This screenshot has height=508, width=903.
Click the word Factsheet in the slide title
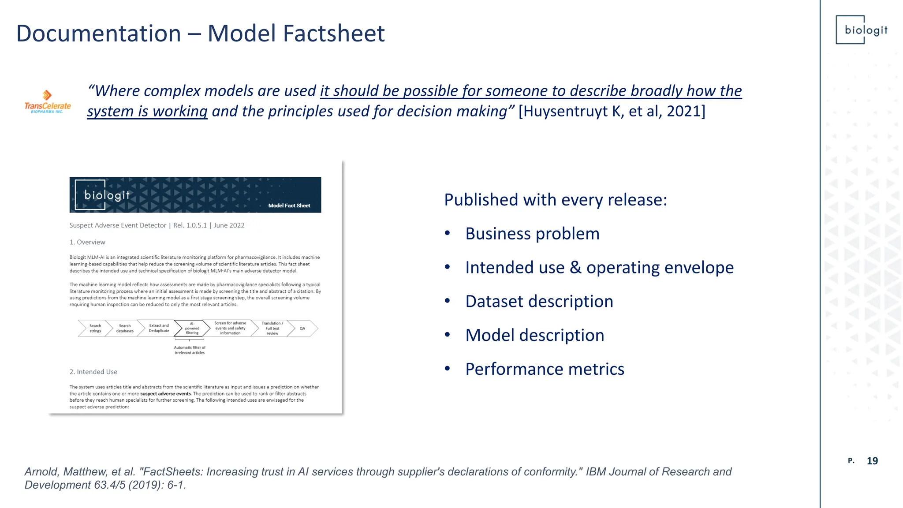coord(333,34)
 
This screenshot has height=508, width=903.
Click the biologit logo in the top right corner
coord(862,30)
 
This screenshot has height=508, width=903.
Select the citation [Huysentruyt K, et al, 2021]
coord(612,111)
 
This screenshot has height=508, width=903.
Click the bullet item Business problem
coord(532,234)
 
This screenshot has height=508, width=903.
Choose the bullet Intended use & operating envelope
coord(599,268)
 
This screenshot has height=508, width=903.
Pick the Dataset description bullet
coord(539,302)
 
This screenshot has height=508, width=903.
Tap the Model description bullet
coord(534,335)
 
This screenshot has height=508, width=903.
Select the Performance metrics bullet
coord(545,369)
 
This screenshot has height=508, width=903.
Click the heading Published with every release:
coord(555,200)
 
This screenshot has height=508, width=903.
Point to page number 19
coord(872,461)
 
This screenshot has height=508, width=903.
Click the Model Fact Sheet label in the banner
coord(289,205)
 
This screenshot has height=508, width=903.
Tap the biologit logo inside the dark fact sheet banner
coord(103,194)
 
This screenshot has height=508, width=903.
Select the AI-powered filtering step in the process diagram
coord(192,329)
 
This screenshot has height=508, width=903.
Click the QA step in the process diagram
coord(302,329)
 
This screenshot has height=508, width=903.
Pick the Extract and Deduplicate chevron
coord(159,329)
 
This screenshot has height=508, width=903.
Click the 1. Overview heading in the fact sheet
coord(87,242)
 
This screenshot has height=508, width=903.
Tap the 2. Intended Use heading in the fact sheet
coord(93,372)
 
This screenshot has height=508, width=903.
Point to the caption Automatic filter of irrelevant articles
coord(190,350)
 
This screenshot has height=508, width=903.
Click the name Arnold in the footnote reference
coord(41,472)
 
